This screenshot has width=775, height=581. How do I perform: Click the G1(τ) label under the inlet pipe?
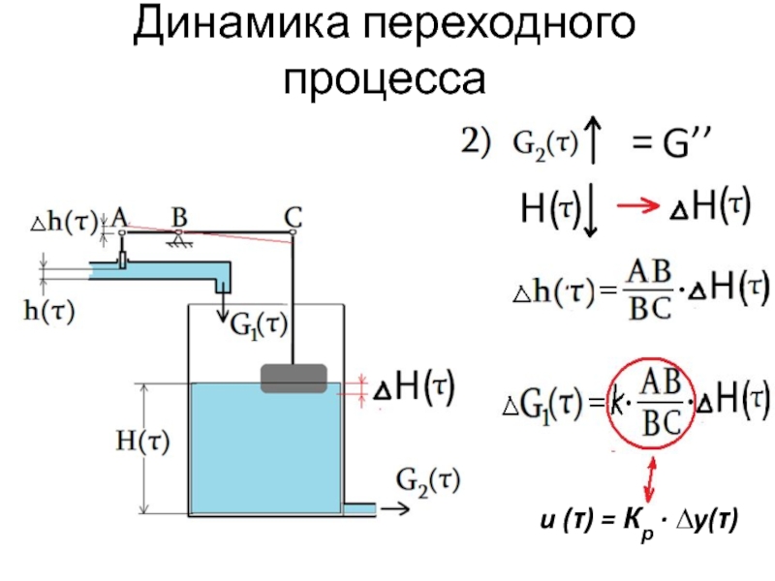pos(260,325)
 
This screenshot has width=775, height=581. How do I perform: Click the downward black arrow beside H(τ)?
pos(592,213)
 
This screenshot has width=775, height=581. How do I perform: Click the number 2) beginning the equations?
pos(475,142)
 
